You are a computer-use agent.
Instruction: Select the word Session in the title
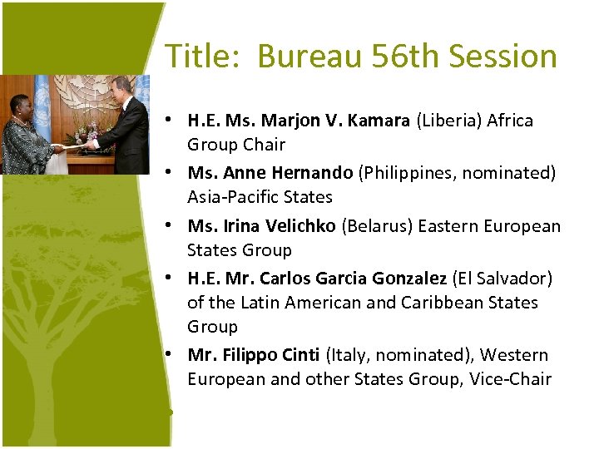point(505,57)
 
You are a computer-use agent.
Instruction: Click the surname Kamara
point(379,121)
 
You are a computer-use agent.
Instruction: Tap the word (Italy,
point(348,355)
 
